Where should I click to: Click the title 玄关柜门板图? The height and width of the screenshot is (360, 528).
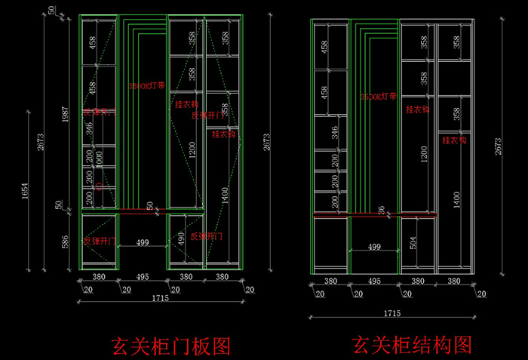(x=170, y=346)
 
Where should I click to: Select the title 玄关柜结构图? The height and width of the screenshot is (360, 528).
(x=411, y=345)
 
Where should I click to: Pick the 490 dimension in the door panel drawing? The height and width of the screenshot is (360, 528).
(x=180, y=237)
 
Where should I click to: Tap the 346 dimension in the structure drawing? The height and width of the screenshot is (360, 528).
(x=335, y=133)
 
